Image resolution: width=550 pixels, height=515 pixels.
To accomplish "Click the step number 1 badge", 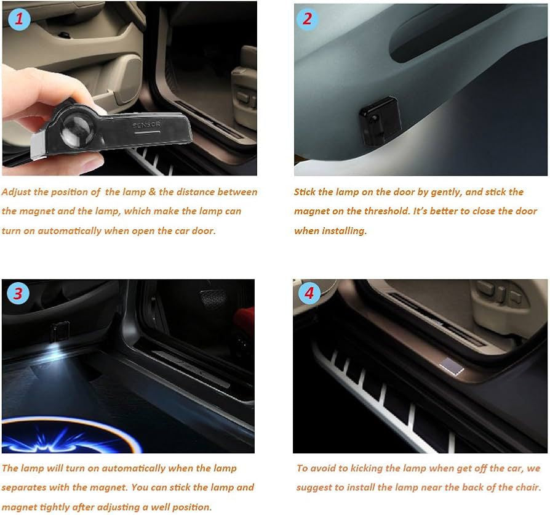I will [x=19, y=20].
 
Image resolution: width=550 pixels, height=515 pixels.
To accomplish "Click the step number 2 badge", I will [x=308, y=19].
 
